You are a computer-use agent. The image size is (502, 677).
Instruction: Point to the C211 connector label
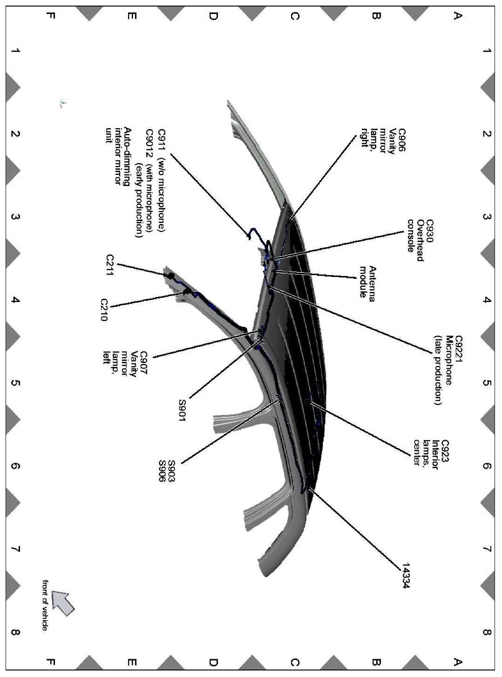tap(110, 266)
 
